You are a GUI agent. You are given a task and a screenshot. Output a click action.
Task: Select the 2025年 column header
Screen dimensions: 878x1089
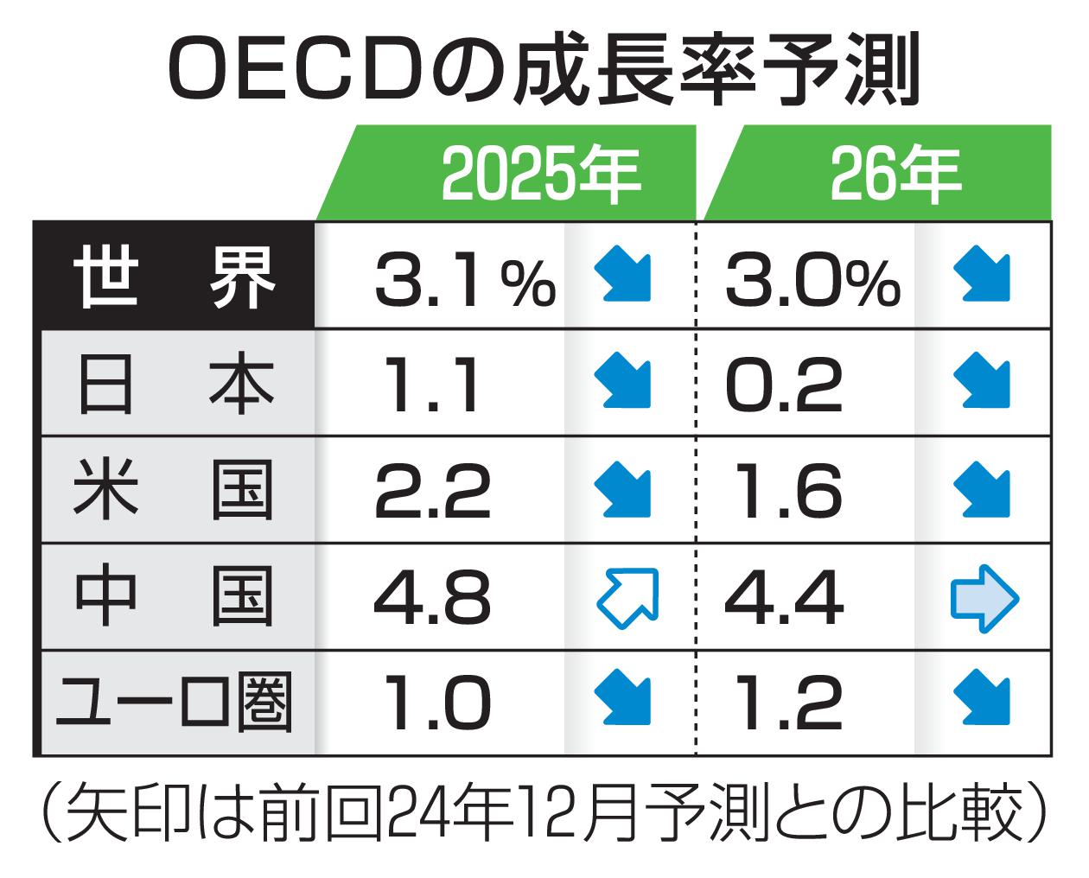click(540, 174)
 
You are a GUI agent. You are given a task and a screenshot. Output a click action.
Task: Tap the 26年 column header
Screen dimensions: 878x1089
click(895, 174)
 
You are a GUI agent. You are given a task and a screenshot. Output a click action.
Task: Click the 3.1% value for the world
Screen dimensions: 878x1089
click(464, 278)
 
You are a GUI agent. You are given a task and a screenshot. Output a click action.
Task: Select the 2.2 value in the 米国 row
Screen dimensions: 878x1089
click(432, 491)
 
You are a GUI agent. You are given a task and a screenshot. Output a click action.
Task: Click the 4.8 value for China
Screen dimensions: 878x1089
click(432, 597)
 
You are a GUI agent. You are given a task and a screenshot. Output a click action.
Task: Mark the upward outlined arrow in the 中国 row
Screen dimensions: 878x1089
click(627, 596)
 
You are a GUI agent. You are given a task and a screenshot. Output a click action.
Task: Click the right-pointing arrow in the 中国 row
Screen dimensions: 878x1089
click(984, 597)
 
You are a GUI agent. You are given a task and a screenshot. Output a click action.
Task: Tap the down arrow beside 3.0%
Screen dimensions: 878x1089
click(983, 274)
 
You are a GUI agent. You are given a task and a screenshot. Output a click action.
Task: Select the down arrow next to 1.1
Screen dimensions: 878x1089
click(623, 381)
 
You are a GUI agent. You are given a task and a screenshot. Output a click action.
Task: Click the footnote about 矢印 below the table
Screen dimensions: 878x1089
click(544, 812)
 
